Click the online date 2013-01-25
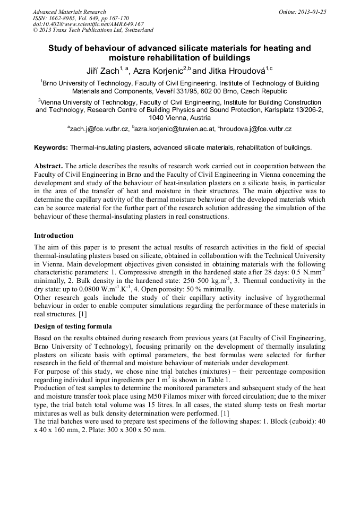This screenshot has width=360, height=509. pyautogui.click(x=312, y=12)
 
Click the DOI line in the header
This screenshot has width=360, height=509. pyautogui.click(x=88, y=24)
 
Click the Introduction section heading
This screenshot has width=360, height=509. pyautogui.click(x=54, y=236)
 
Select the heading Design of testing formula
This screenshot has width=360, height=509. pyautogui.click(x=73, y=326)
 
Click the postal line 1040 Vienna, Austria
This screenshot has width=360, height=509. pyautogui.click(x=179, y=118)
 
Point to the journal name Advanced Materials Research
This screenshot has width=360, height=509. pyautogui.click(x=69, y=12)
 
